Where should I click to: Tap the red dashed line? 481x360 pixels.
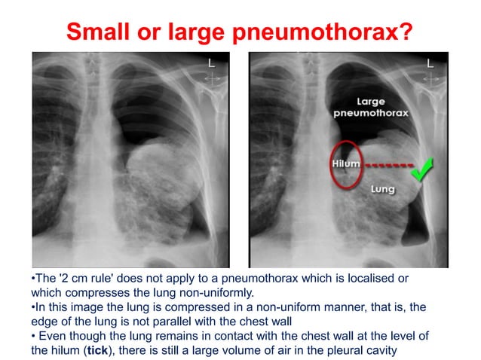pos(384,163)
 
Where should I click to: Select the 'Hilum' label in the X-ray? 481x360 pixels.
pos(346,163)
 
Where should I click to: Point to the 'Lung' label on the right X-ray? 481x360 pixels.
pos(382,190)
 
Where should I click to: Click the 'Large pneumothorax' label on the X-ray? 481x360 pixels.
pos(371,107)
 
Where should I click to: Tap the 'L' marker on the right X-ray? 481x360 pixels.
pos(430,65)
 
